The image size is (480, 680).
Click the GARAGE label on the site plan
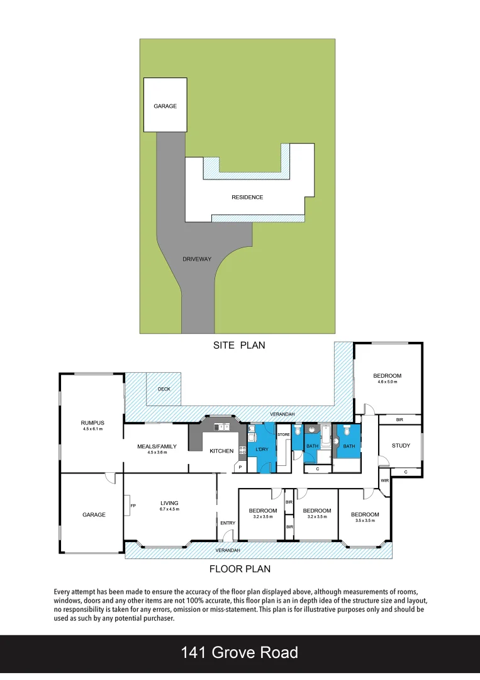(x=165, y=106)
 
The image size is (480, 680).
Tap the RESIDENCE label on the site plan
(x=247, y=197)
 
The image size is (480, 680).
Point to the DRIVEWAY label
(x=197, y=259)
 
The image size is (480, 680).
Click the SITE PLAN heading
(x=239, y=345)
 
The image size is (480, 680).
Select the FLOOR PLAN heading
(x=240, y=569)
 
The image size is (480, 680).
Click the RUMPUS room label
(x=92, y=422)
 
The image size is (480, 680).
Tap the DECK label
(x=164, y=389)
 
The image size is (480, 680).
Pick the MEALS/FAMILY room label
(x=157, y=446)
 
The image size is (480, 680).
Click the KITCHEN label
(x=221, y=451)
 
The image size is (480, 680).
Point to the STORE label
(x=284, y=434)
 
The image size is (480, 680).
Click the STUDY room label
(x=401, y=446)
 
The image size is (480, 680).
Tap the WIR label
(x=384, y=481)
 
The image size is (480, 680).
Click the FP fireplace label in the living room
(x=133, y=505)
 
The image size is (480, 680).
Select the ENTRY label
(x=228, y=523)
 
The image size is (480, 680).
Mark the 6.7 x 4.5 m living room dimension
(x=170, y=509)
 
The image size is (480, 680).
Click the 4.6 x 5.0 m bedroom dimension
(x=387, y=382)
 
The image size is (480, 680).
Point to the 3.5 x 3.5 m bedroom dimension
(x=365, y=521)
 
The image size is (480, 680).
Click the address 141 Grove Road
(x=240, y=652)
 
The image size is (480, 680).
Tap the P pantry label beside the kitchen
(x=240, y=467)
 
